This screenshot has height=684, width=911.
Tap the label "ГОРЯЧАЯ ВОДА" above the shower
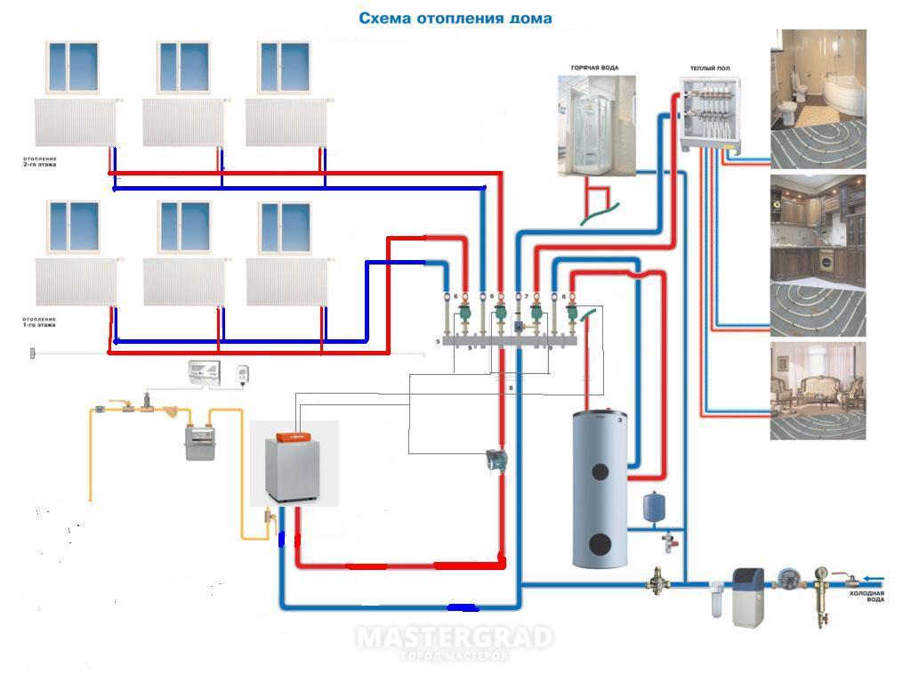594,68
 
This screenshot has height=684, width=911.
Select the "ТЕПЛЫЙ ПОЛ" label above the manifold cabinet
711,68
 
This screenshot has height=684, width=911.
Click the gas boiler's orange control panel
290,436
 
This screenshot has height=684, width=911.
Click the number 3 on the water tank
620,419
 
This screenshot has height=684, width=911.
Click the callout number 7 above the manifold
526,297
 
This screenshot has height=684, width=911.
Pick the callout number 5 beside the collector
439,341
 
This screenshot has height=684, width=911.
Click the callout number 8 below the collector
511,388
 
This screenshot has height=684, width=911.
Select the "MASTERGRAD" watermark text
455,638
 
